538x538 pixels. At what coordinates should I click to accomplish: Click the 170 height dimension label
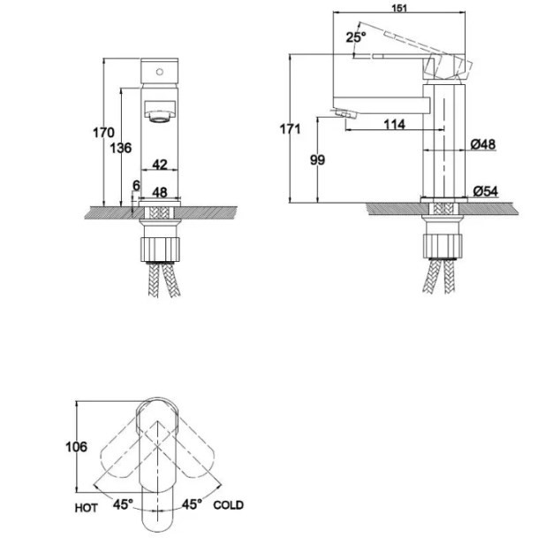point(104,133)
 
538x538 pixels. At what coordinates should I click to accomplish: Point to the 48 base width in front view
point(160,191)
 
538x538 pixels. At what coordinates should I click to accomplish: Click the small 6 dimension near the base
point(134,185)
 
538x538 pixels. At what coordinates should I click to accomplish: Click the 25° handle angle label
point(355,37)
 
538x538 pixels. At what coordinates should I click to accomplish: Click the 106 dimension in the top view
point(77,447)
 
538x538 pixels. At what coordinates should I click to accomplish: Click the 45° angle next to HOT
point(122,504)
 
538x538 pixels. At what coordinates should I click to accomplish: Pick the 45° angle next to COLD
point(192,504)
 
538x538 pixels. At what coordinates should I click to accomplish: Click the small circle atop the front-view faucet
point(160,69)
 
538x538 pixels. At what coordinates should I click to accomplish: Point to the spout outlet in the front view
point(160,113)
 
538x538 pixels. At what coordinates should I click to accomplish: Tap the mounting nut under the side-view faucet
point(442,239)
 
